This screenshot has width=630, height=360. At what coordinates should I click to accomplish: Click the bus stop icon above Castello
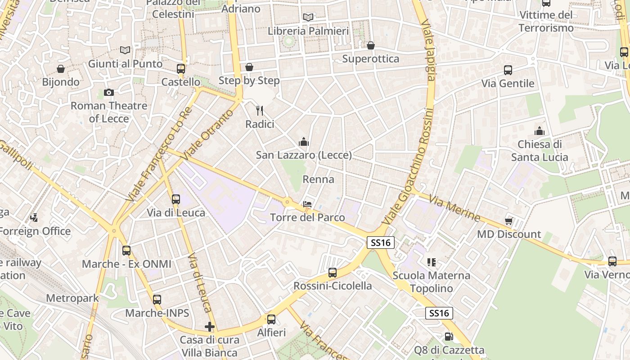(181, 69)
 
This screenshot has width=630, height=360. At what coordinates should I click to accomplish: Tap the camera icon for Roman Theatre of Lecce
(108, 93)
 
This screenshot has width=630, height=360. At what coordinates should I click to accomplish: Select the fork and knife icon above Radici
(260, 111)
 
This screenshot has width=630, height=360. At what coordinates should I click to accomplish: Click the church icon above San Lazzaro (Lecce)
(304, 142)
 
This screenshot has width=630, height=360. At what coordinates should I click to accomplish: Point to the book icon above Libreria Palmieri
(308, 18)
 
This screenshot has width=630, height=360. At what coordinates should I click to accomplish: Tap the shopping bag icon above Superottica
(371, 45)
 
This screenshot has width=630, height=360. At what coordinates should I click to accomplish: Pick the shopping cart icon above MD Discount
(509, 221)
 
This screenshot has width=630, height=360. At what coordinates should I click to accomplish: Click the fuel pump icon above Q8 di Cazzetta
(448, 337)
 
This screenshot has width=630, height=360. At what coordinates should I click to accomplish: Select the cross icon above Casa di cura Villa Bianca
(210, 327)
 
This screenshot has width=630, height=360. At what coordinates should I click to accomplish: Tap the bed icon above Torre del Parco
(307, 204)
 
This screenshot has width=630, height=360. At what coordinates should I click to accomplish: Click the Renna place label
(318, 180)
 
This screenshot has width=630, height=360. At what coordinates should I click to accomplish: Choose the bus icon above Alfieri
(271, 319)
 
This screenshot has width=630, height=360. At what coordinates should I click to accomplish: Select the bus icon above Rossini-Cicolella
(333, 273)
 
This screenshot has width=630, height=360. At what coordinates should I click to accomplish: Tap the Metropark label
(72, 298)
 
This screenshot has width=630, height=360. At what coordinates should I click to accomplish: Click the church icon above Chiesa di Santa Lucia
(540, 131)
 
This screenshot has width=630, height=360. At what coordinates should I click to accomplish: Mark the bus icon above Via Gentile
(508, 70)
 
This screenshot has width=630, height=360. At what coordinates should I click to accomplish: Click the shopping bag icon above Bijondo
(61, 69)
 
